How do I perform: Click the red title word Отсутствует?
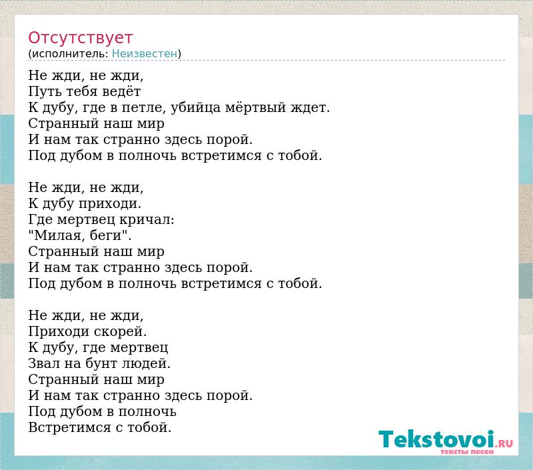[80, 37]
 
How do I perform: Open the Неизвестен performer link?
[145, 53]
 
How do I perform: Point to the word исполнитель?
[70, 54]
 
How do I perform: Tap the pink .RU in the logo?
[504, 443]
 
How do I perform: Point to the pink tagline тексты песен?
[467, 451]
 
